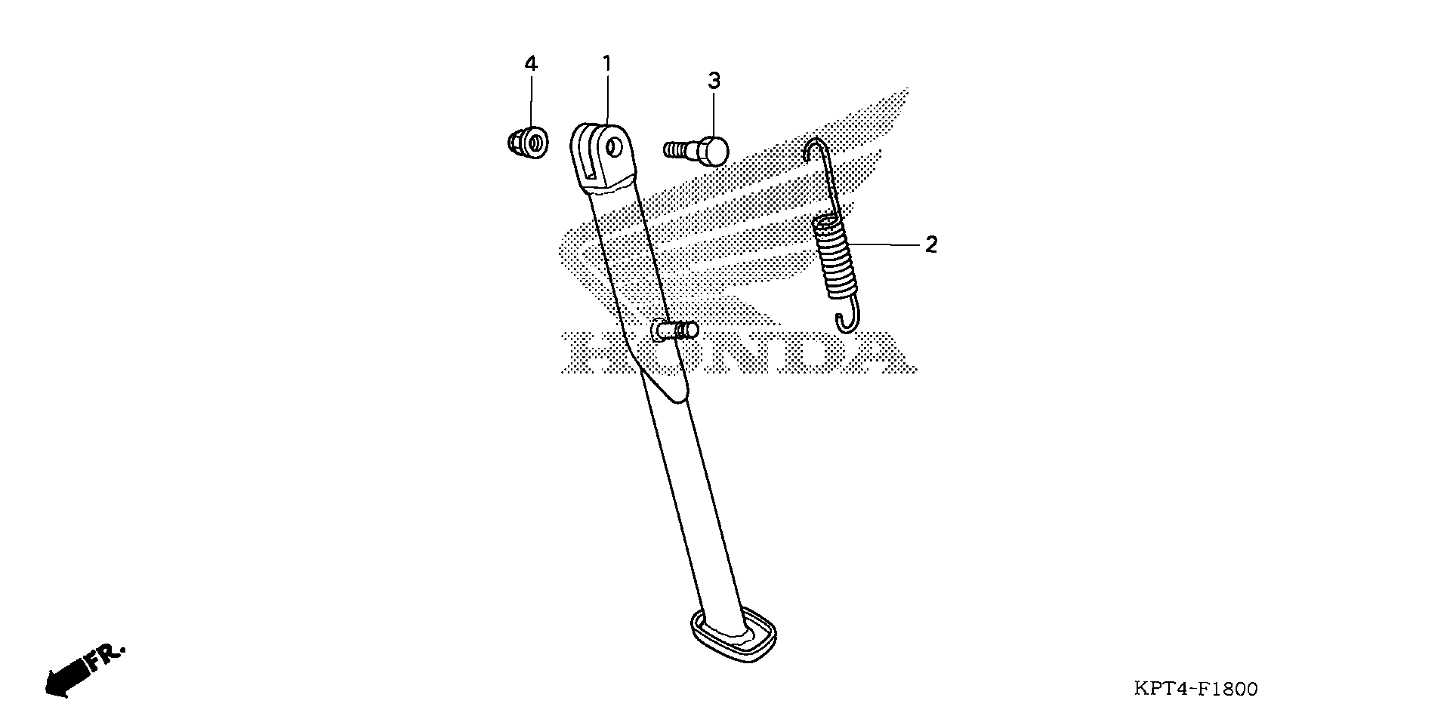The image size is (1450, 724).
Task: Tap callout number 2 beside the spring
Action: pos(931,245)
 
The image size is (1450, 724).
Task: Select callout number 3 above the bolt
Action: pos(714,81)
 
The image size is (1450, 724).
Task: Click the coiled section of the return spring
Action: pos(834,256)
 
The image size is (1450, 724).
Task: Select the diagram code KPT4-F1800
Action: pos(1196,689)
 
